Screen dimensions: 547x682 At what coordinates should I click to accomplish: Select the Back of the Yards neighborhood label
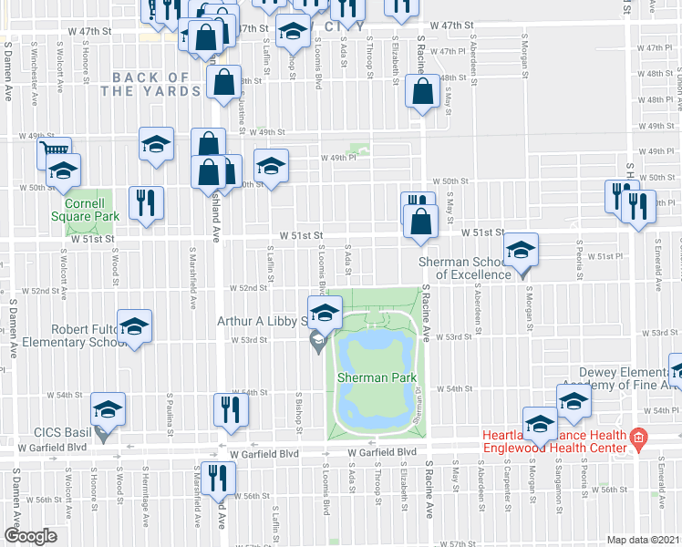[x=150, y=84]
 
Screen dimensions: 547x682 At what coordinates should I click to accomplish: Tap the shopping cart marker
[x=55, y=151]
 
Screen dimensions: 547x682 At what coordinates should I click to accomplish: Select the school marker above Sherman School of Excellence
[x=521, y=250]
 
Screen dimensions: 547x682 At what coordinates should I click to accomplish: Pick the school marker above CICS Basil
[x=108, y=409]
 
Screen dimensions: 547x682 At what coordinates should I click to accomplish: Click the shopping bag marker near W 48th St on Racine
[x=422, y=92]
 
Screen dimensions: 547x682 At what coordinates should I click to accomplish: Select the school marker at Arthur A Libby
[x=324, y=313]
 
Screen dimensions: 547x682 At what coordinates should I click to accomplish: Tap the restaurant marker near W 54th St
[x=229, y=409]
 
